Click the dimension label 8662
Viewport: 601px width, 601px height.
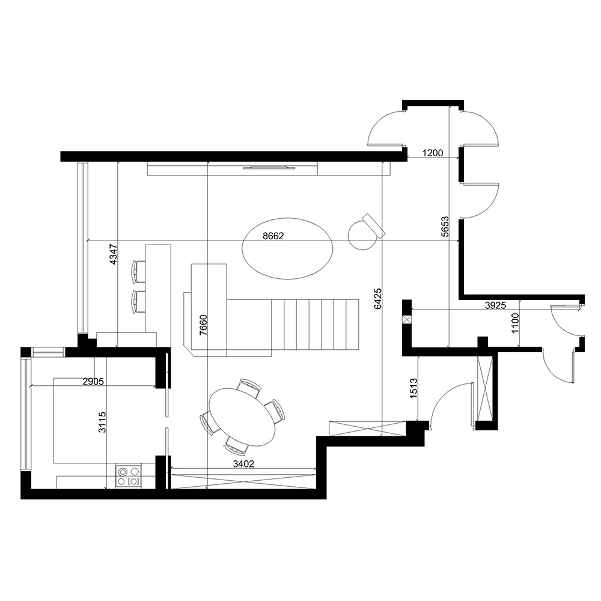[x=273, y=236]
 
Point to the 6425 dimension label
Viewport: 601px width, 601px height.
[x=377, y=297]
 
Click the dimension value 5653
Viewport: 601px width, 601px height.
[x=445, y=227]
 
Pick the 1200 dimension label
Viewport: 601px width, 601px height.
[x=433, y=153]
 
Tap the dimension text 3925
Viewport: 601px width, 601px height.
[x=495, y=305]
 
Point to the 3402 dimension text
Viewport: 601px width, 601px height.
[x=242, y=463]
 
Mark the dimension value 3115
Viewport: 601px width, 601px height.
[x=103, y=422]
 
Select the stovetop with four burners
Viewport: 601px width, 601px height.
[x=128, y=476]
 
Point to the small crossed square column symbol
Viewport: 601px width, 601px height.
[x=407, y=319]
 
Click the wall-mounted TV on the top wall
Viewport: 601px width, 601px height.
[x=269, y=166]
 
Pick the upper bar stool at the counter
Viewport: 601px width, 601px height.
[x=139, y=271]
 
